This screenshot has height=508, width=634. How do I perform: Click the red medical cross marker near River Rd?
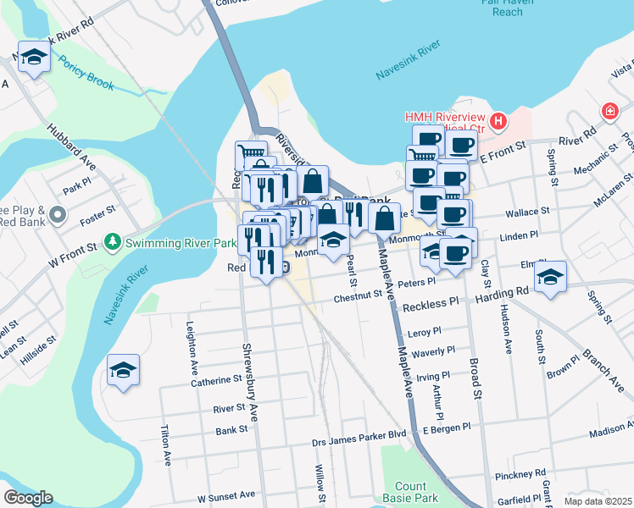point(609,111)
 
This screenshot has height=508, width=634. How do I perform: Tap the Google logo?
point(28,497)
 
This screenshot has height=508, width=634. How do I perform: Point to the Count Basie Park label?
point(410,493)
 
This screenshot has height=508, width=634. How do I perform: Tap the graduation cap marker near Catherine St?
point(124,370)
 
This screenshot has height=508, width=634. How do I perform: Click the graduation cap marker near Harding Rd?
point(550,276)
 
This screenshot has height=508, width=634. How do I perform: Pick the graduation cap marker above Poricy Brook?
point(33,57)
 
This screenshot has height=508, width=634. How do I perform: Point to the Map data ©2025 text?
point(598,501)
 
